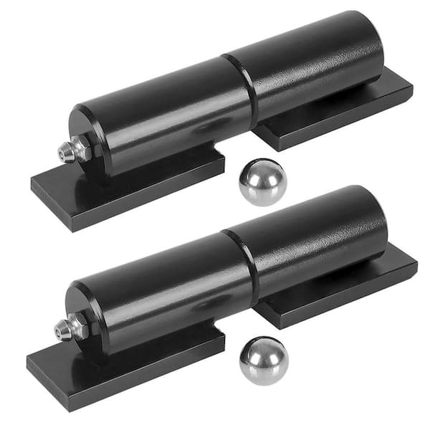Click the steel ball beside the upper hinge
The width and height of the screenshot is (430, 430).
click(x=262, y=182)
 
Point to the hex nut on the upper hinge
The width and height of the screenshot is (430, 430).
click(x=82, y=149)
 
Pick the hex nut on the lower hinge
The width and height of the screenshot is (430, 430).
click(x=78, y=327)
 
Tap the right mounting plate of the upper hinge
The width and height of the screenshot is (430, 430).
click(x=337, y=115)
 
